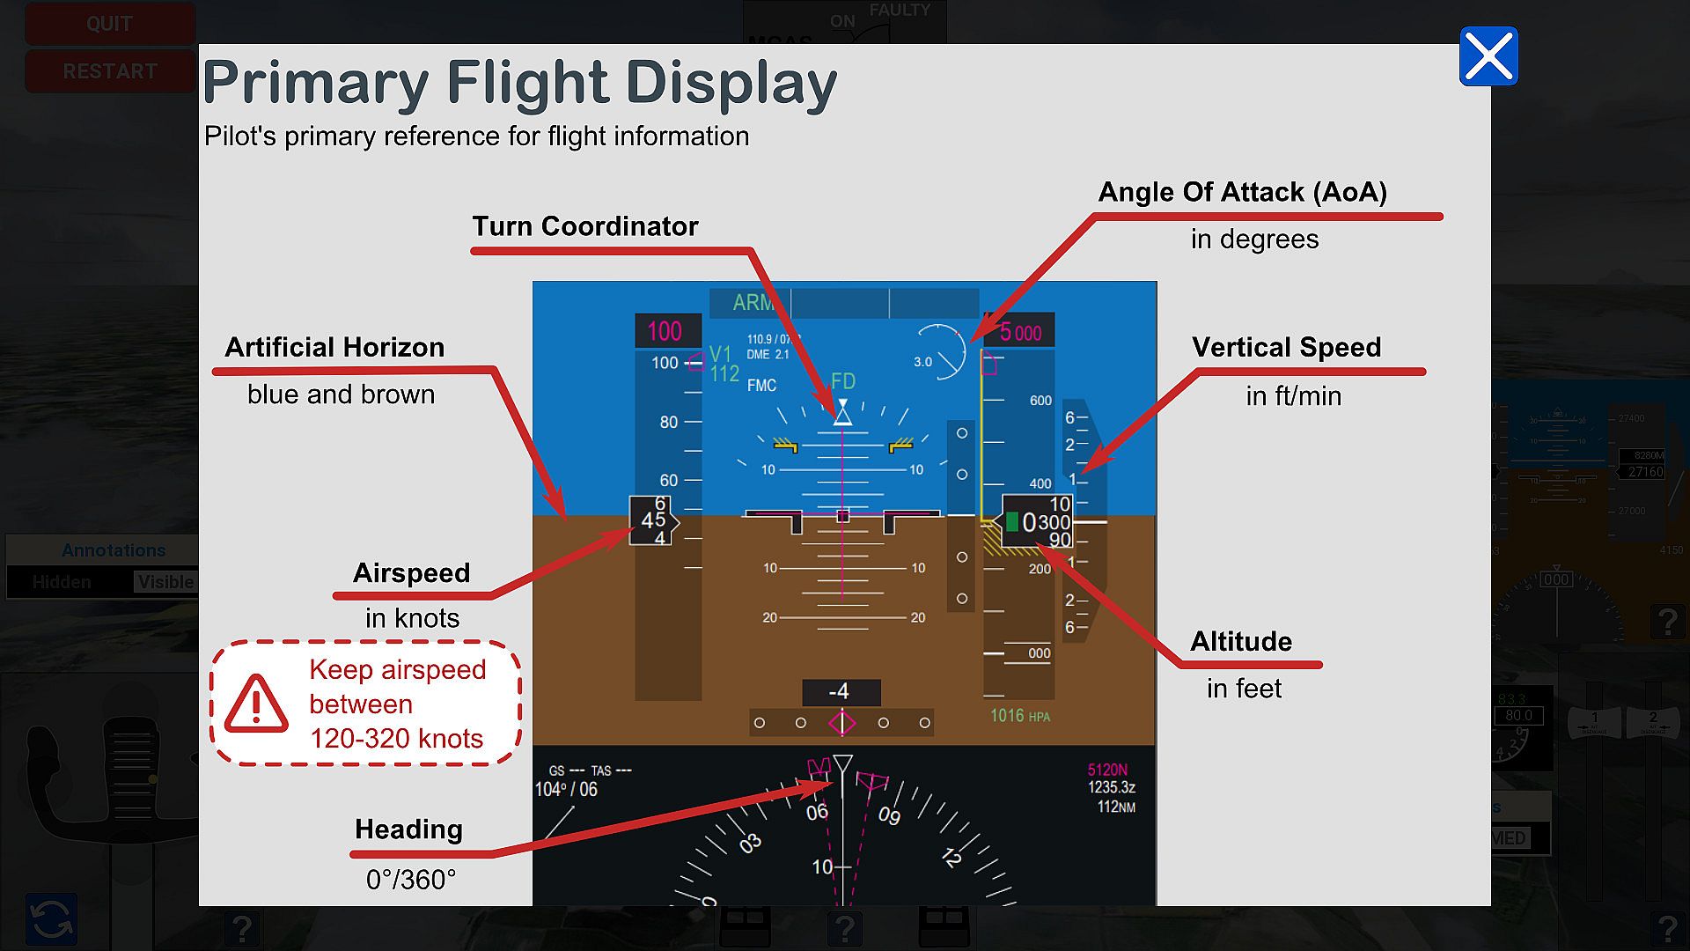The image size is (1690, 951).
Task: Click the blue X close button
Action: click(x=1488, y=56)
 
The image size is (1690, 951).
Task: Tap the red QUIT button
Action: click(x=109, y=24)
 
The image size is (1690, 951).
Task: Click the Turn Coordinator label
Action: click(x=585, y=226)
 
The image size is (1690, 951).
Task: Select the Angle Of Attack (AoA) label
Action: click(x=1242, y=192)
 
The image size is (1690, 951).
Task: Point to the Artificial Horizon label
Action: click(x=334, y=347)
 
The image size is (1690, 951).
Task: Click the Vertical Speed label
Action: click(x=1286, y=347)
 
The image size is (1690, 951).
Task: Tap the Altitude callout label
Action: click(x=1241, y=641)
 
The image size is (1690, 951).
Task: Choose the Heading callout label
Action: click(x=408, y=829)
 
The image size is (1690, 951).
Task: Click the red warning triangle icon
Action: click(x=256, y=704)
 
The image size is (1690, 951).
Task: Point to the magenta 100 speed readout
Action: click(x=665, y=331)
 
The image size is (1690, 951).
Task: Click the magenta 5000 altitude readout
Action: click(x=1021, y=332)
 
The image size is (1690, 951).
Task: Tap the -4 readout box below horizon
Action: click(x=841, y=692)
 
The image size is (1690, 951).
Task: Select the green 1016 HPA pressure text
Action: click(x=1019, y=716)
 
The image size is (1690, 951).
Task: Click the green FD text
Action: click(x=842, y=380)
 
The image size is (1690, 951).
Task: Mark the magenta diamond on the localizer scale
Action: click(x=842, y=723)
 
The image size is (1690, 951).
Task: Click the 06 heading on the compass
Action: click(x=817, y=812)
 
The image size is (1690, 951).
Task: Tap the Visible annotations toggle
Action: click(x=165, y=582)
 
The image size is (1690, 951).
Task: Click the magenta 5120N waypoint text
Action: click(x=1106, y=770)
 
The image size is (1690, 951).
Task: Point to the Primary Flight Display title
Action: click(x=519, y=84)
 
